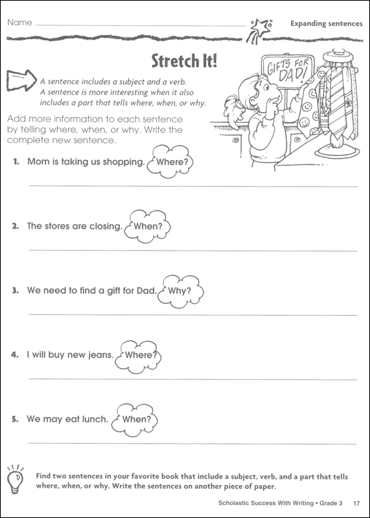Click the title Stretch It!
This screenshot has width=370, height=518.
click(184, 62)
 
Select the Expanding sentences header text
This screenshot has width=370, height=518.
click(326, 24)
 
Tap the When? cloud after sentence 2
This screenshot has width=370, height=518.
click(148, 227)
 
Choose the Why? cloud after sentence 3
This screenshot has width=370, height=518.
click(179, 290)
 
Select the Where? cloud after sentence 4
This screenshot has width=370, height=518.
click(138, 355)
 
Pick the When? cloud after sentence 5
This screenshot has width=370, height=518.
click(136, 419)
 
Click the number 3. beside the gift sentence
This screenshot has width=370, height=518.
click(16, 291)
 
